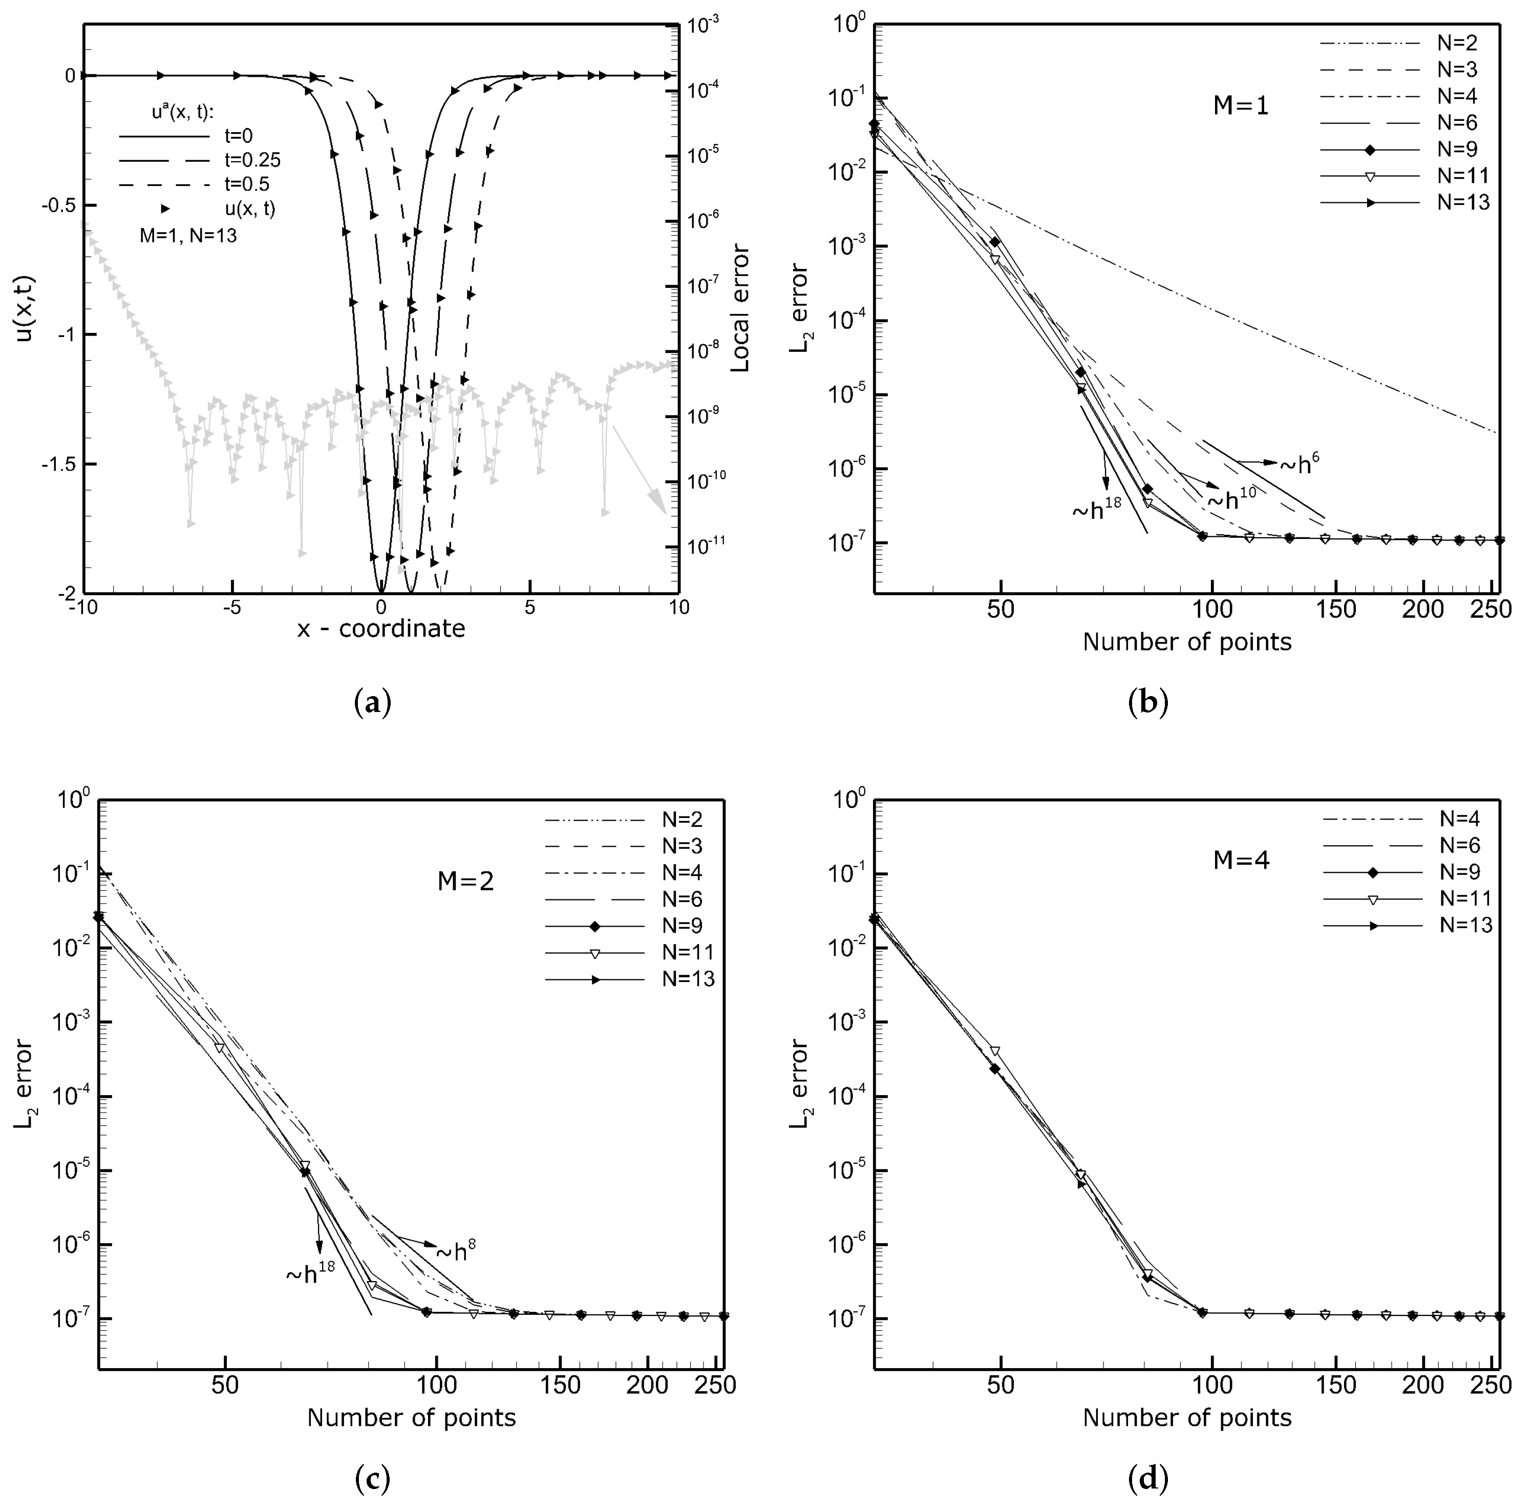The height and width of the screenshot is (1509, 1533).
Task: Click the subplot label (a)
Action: click(x=372, y=703)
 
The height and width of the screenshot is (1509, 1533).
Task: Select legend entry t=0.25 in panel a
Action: click(x=252, y=160)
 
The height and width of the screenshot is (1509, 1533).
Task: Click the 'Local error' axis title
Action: click(x=740, y=309)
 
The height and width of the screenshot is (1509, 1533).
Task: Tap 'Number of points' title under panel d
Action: click(x=1187, y=1417)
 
